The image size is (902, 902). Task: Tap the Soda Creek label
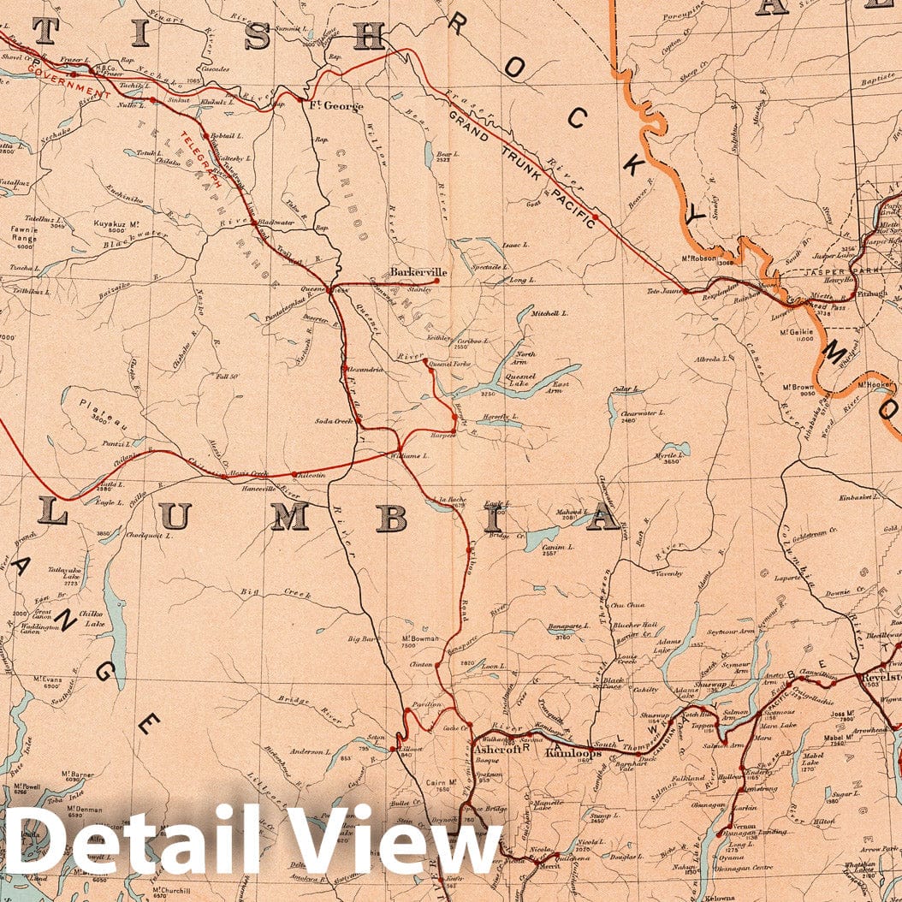pos(334,420)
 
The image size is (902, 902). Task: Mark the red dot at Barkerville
pos(437,280)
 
